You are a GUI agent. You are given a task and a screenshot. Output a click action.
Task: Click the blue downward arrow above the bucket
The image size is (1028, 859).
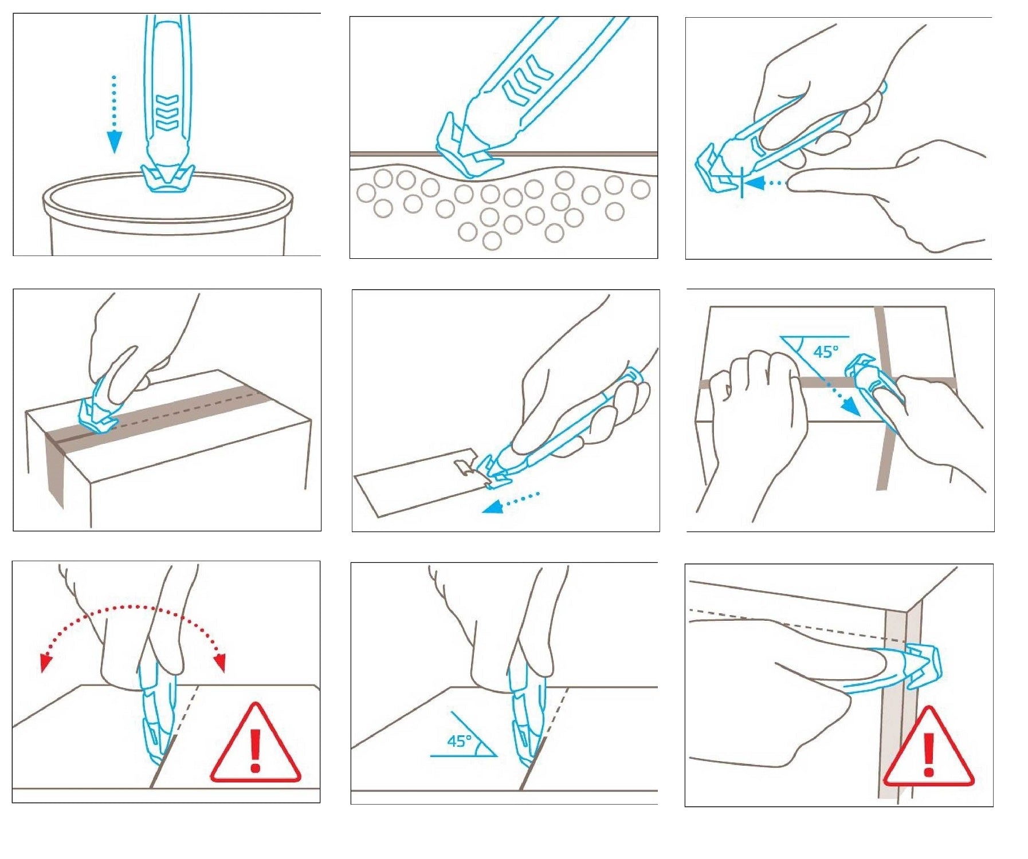115,115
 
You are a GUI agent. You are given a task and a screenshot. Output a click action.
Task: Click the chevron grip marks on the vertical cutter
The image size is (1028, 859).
167,111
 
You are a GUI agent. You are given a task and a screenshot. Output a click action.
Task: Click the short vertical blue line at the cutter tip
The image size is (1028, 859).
742,183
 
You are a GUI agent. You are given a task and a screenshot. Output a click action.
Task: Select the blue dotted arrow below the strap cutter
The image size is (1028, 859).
511,502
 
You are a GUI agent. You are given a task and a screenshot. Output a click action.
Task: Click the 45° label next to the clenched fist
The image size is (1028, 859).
826,351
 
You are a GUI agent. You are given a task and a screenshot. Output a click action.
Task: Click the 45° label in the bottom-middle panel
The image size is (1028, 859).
460,741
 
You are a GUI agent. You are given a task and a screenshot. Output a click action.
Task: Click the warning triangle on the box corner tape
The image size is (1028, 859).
928,747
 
